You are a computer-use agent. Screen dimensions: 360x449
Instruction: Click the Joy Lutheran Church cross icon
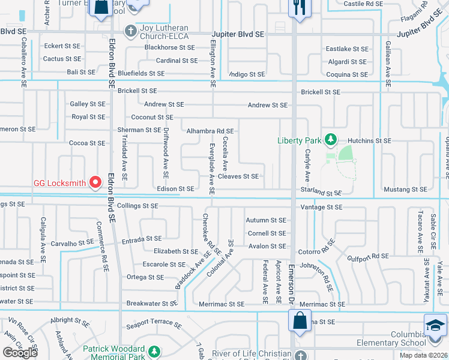click(130, 30)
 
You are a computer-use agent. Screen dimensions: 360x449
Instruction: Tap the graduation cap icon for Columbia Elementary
click(435, 325)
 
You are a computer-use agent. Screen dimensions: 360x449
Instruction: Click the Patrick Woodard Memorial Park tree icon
click(155, 350)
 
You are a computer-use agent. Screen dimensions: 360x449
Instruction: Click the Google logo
click(20, 353)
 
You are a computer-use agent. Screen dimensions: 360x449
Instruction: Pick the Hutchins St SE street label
click(369, 140)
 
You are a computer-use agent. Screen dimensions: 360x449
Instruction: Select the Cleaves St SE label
click(238, 176)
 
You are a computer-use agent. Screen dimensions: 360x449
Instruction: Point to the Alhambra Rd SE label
click(209, 130)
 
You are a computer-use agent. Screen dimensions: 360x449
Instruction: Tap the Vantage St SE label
click(321, 207)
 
